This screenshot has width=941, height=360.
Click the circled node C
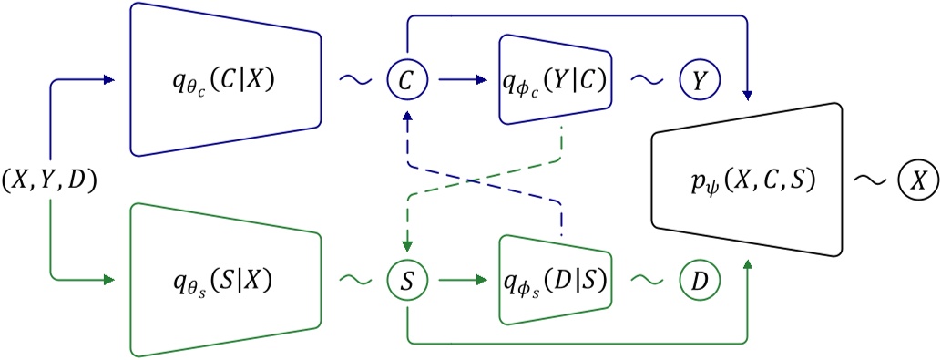pyautogui.click(x=406, y=80)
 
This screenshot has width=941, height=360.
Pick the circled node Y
pyautogui.click(x=699, y=80)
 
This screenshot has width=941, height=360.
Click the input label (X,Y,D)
pyautogui.click(x=49, y=180)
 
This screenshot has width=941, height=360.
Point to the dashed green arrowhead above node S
pyautogui.click(x=406, y=245)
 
